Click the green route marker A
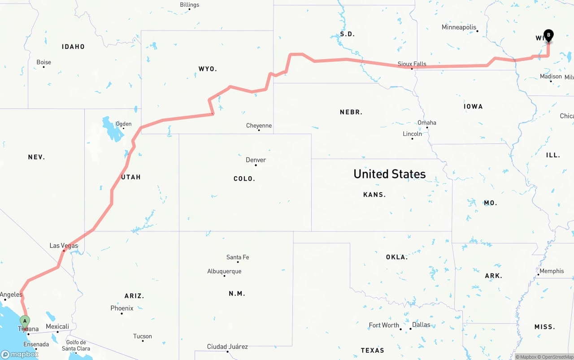pos(25,321)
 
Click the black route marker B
pos(548,35)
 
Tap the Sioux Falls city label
pos(412,64)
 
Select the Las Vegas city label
pos(64,246)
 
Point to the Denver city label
pos(256,160)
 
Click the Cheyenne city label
pos(259,126)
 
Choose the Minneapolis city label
pos(459,27)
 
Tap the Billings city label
pos(189,5)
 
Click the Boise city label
pos(43,62)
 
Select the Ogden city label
pos(123,124)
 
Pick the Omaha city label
pos(426,123)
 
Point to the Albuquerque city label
pos(224,271)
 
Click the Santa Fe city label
pos(238,257)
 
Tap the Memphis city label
pos(552,271)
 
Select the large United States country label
pos(389,174)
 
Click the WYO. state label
pos(208,69)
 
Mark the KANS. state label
pos(374,195)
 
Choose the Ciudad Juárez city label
pos(227,347)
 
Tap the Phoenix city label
pos(122,308)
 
